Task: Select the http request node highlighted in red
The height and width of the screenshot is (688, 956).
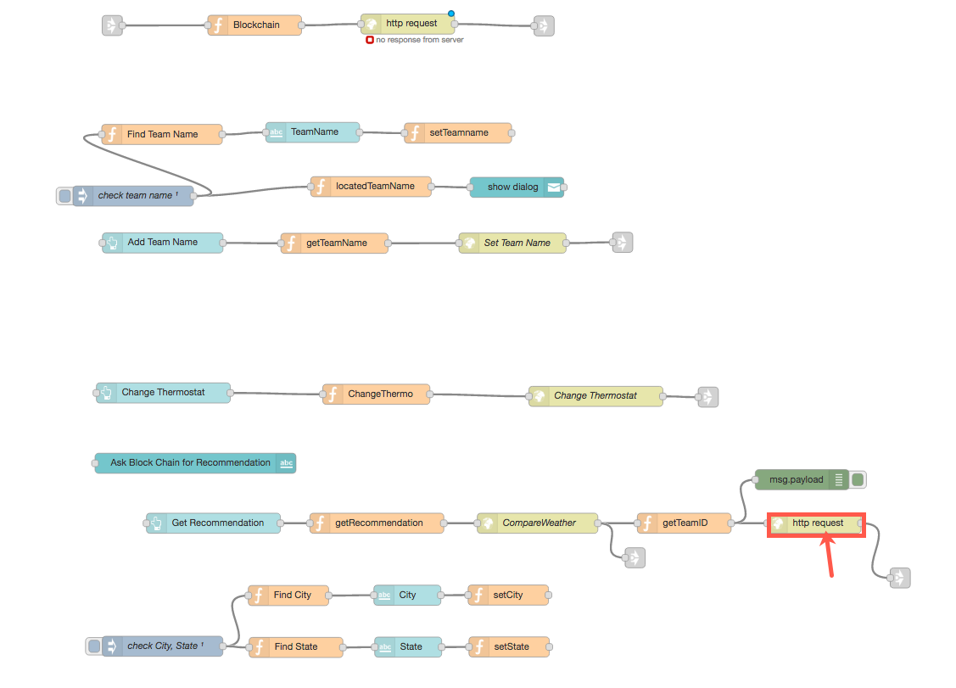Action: pyautogui.click(x=816, y=524)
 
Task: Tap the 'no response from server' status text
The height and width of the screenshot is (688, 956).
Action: pyautogui.click(x=420, y=40)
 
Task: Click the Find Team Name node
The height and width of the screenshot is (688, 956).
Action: pyautogui.click(x=162, y=134)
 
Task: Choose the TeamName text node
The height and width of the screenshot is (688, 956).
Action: pyautogui.click(x=313, y=132)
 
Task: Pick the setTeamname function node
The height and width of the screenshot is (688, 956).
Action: pyautogui.click(x=458, y=133)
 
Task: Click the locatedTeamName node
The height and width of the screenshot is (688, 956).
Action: pyautogui.click(x=371, y=187)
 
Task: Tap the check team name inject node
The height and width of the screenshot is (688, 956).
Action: pyautogui.click(x=133, y=196)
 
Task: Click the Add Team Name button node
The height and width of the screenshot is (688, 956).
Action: pyautogui.click(x=162, y=243)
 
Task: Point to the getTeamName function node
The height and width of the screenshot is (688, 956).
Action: pyautogui.click(x=335, y=243)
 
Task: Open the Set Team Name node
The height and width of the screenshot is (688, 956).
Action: pyautogui.click(x=512, y=243)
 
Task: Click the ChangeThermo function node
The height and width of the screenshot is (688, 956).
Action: pyautogui.click(x=376, y=394)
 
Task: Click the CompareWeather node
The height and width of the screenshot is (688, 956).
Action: pyautogui.click(x=537, y=523)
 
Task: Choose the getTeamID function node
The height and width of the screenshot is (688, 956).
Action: pyautogui.click(x=684, y=523)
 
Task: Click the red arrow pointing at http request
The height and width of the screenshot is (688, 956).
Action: pyautogui.click(x=830, y=559)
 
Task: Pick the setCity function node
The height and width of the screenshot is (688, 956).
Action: pyautogui.click(x=508, y=596)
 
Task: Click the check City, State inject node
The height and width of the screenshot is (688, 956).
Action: pyautogui.click(x=162, y=646)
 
